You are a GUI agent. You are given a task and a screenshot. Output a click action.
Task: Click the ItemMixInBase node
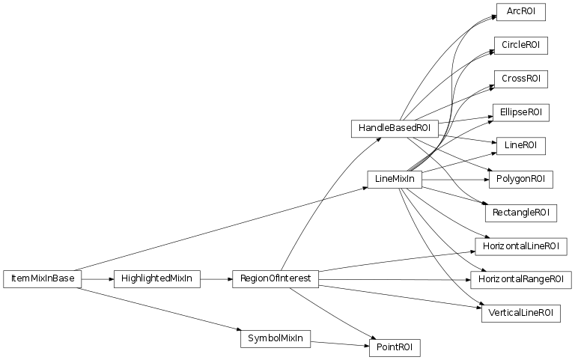pos(42,279)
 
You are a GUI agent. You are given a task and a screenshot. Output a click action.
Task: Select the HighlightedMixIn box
pos(156,279)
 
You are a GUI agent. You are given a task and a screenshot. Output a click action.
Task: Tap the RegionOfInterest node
pos(276,279)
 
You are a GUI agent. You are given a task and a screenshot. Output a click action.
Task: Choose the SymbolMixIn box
pos(276,338)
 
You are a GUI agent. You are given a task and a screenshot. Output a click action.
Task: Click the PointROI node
pos(394,348)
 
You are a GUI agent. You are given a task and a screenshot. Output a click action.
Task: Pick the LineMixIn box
pos(394,179)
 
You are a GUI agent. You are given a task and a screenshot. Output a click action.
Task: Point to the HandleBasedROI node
pos(394,128)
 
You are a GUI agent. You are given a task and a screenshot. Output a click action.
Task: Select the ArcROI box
pos(520,12)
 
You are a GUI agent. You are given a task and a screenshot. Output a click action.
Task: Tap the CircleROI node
pos(520,46)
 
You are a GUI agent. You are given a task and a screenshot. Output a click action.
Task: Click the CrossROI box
pos(520,79)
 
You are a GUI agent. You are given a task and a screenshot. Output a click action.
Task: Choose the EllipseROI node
pos(520,112)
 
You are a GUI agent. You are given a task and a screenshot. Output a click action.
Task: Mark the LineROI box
pos(520,145)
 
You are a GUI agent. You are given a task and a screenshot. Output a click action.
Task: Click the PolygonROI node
pos(520,179)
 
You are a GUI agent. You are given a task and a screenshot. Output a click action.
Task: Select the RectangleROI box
pos(520,213)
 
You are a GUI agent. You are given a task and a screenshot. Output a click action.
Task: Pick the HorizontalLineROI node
pos(520,246)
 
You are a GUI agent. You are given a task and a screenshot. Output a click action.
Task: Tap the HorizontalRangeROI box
pos(520,280)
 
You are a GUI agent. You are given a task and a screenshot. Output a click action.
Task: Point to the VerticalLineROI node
pos(520,313)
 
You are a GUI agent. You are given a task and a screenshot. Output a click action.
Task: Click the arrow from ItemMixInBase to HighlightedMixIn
pos(97,279)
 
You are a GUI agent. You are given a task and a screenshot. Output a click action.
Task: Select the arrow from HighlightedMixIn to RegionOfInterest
pos(216,279)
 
